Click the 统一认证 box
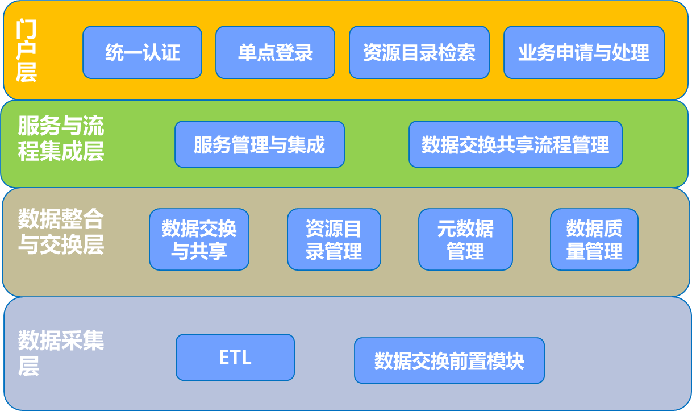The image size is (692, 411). coord(143,52)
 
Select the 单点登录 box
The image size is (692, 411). coord(275,52)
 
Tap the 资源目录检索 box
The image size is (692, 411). coord(419,52)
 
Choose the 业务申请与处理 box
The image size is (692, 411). coord(584,52)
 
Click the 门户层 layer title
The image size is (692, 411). coord(26,50)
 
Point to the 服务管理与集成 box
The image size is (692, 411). coord(260,144)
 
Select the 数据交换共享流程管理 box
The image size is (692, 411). coord(515,144)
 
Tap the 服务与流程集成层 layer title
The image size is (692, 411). coord(61,138)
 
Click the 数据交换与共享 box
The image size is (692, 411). coord(199,239)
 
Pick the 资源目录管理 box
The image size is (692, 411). coord(334,239)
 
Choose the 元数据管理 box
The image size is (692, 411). coord(465,239)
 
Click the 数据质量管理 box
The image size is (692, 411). coord(594,239)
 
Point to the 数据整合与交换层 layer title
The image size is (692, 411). coord(61,231)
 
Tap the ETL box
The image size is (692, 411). coord(235,357)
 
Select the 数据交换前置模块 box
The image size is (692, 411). coord(449,360)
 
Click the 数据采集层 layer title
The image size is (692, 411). coord(61,352)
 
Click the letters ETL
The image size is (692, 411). coord(235,357)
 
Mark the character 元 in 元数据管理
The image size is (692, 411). coord(447,229)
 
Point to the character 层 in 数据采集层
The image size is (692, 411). coord(28,366)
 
